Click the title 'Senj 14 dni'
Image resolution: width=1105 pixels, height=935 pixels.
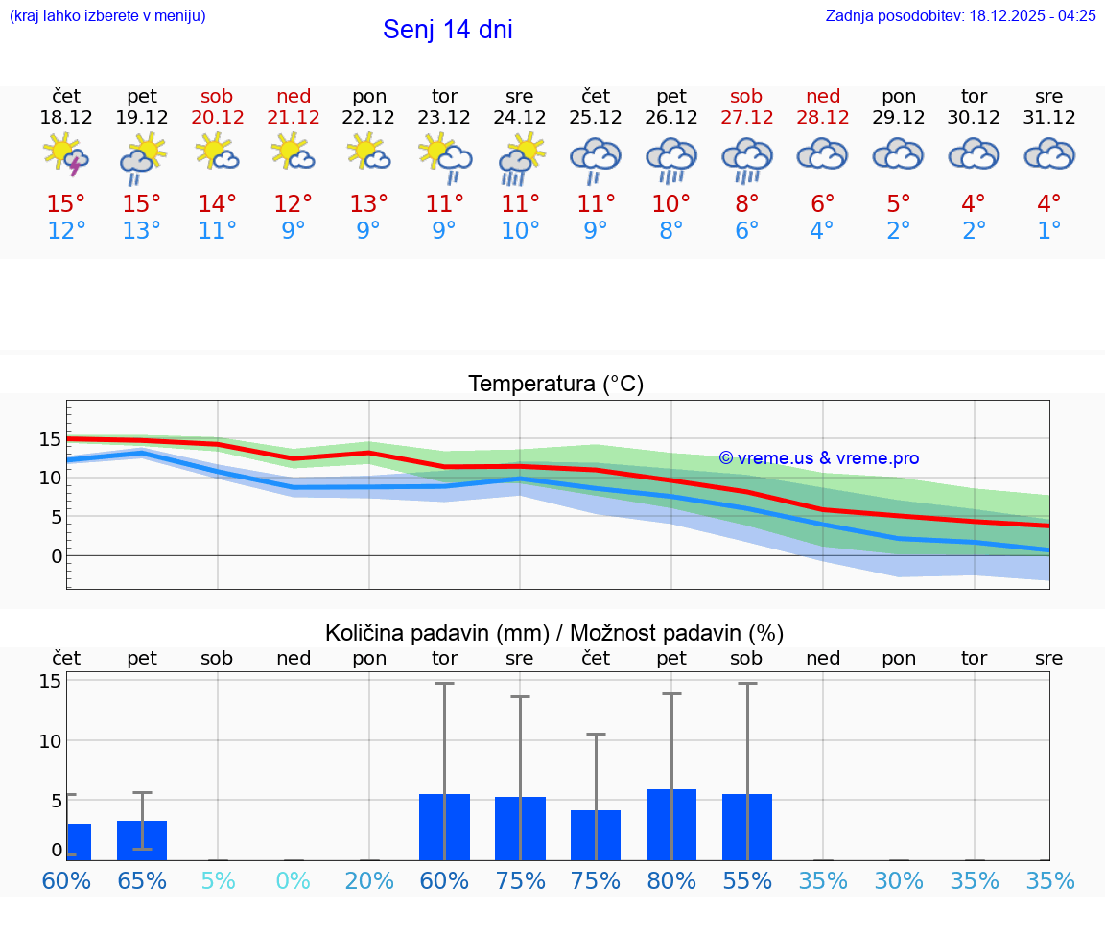pyautogui.click(x=447, y=30)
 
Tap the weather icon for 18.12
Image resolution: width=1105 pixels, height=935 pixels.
pyautogui.click(x=66, y=154)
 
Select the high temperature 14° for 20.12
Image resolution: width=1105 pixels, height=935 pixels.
pyautogui.click(x=218, y=204)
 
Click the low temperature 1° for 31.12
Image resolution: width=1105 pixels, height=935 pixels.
pyautogui.click(x=1049, y=231)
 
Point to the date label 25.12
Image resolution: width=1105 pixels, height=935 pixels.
pyautogui.click(x=596, y=118)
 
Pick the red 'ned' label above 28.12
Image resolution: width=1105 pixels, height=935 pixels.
pyautogui.click(x=823, y=96)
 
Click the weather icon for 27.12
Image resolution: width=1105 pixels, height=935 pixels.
pyautogui.click(x=746, y=158)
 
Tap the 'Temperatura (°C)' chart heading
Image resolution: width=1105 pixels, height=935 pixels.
pyautogui.click(x=555, y=385)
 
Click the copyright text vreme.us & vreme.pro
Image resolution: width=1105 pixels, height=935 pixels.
pyautogui.click(x=819, y=458)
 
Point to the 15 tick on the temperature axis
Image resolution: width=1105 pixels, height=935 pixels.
pyautogui.click(x=50, y=440)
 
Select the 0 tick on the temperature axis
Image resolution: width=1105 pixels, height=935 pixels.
pyautogui.click(x=57, y=556)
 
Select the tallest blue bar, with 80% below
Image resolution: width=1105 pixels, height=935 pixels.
pyautogui.click(x=671, y=825)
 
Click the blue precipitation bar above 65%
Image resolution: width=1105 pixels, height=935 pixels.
pyautogui.click(x=142, y=840)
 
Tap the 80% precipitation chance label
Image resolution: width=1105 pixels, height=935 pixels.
pyautogui.click(x=671, y=880)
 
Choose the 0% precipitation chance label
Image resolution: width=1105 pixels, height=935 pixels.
pyautogui.click(x=294, y=880)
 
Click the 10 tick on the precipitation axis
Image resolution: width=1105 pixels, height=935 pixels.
pyautogui.click(x=50, y=741)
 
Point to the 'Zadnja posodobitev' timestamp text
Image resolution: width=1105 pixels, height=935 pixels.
pyautogui.click(x=960, y=16)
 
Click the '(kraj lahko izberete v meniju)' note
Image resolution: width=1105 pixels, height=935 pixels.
pyautogui.click(x=107, y=16)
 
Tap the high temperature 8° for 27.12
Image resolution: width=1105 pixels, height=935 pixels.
pyautogui.click(x=746, y=204)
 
